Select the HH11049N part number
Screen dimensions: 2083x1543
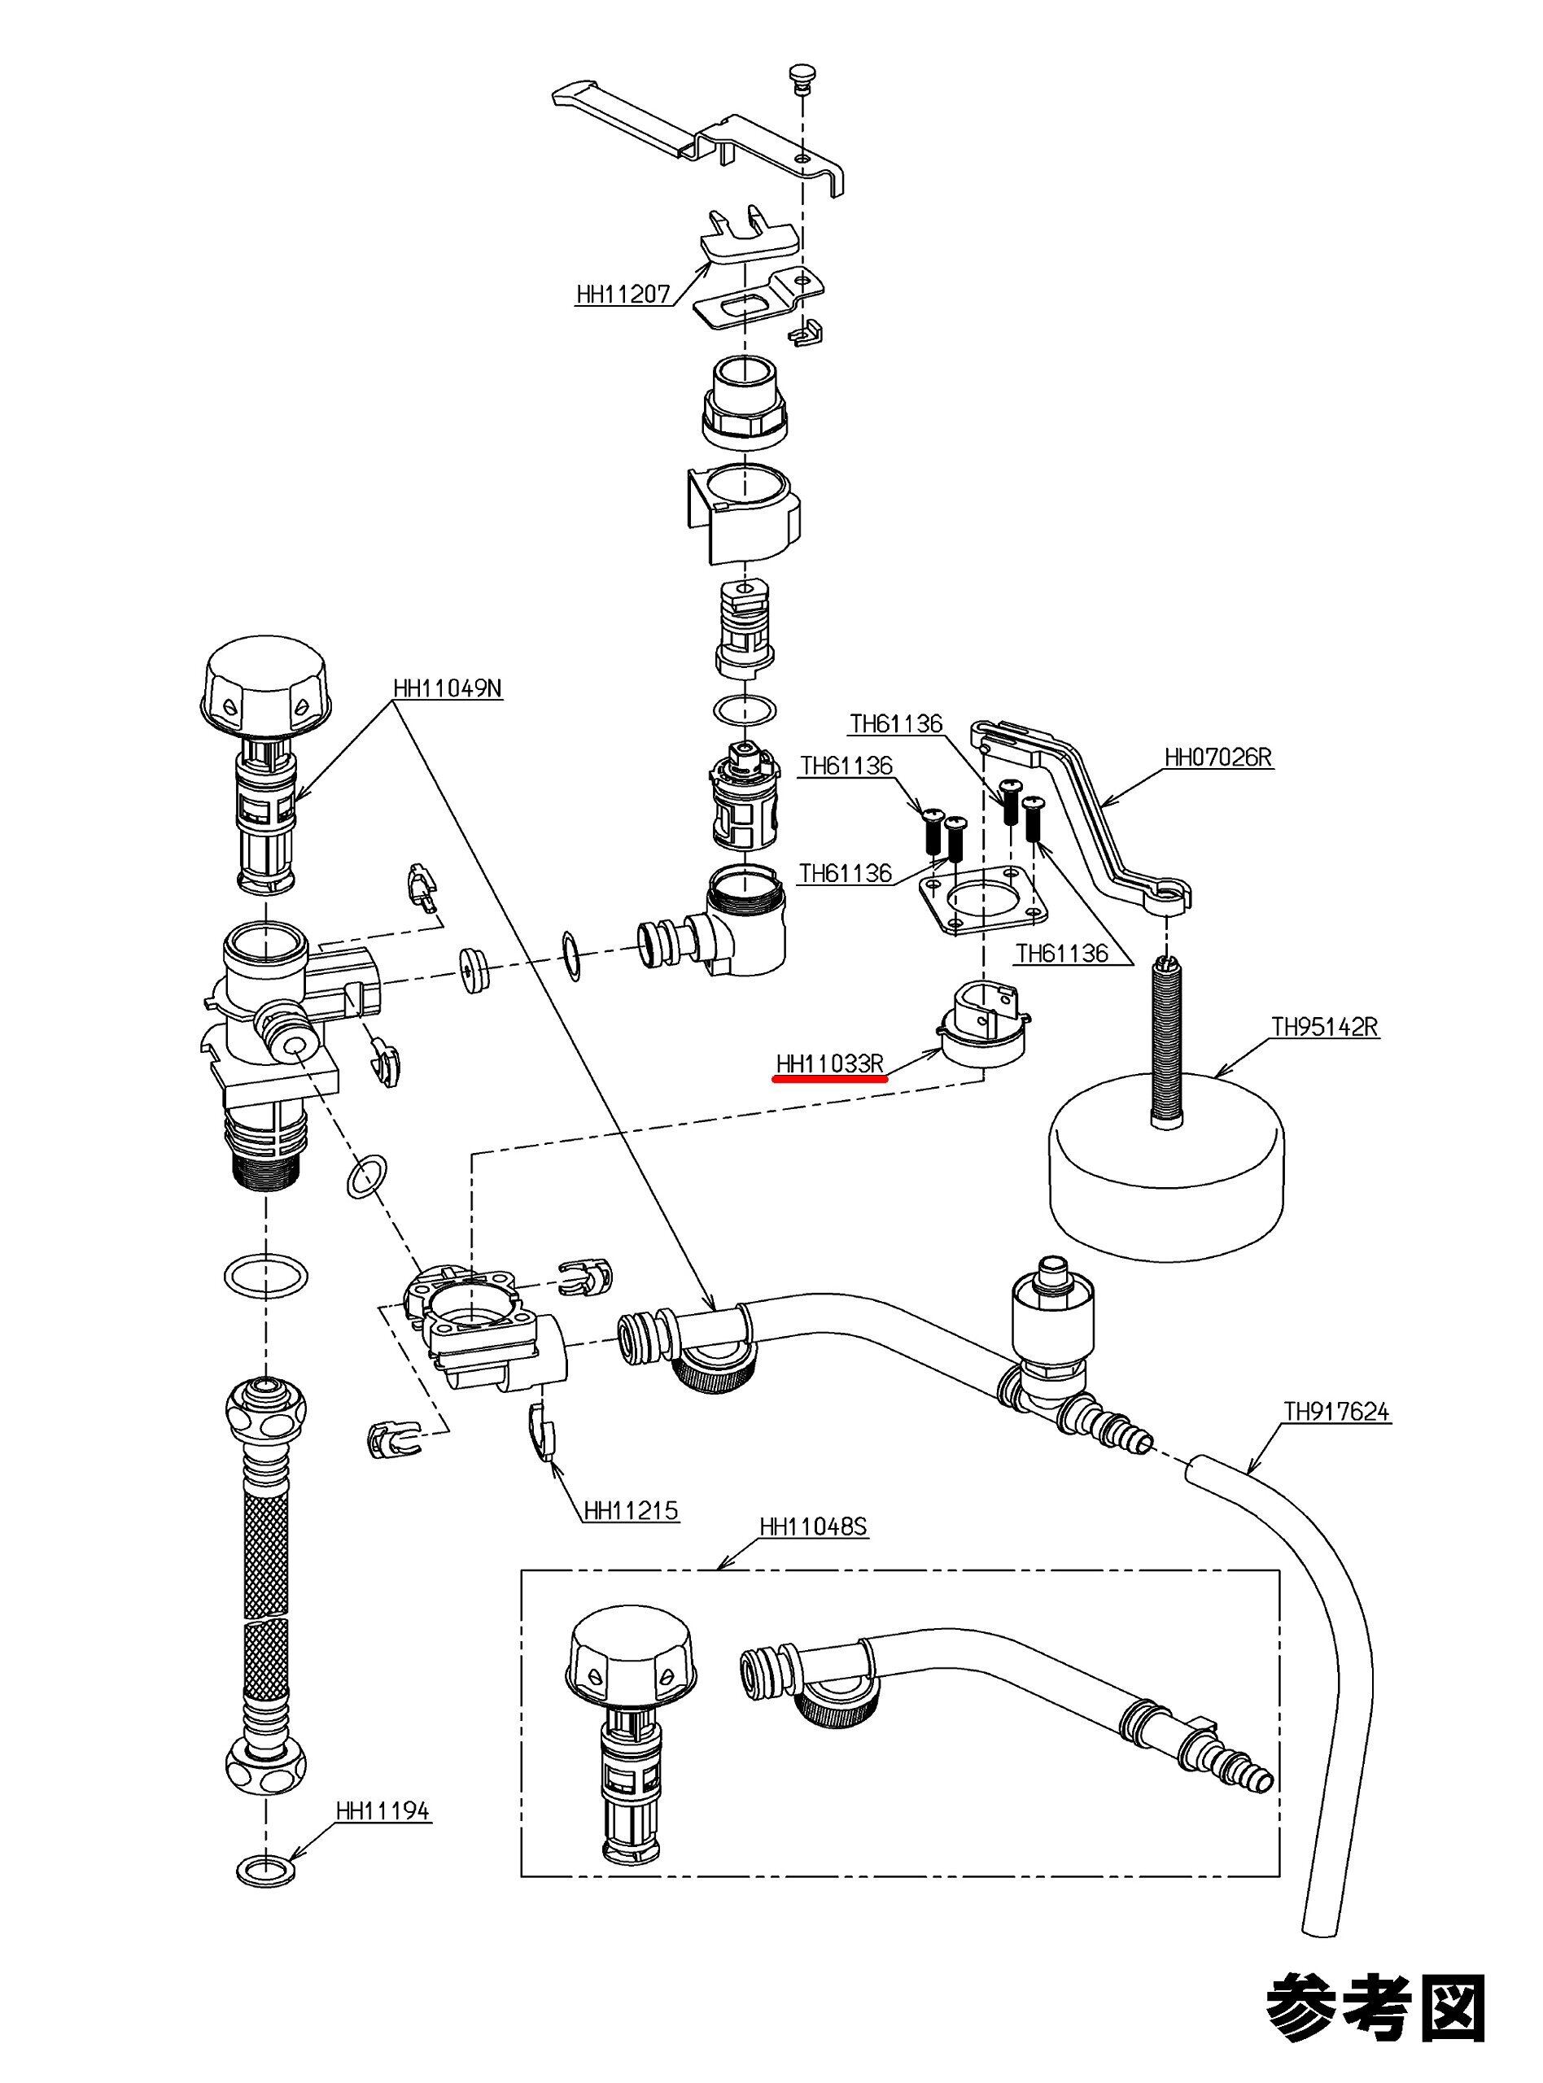pyautogui.click(x=448, y=690)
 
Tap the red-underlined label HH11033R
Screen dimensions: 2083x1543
pyautogui.click(x=829, y=1063)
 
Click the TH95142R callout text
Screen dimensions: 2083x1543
pyautogui.click(x=1324, y=1028)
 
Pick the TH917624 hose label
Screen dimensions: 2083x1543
pyautogui.click(x=1336, y=1412)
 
